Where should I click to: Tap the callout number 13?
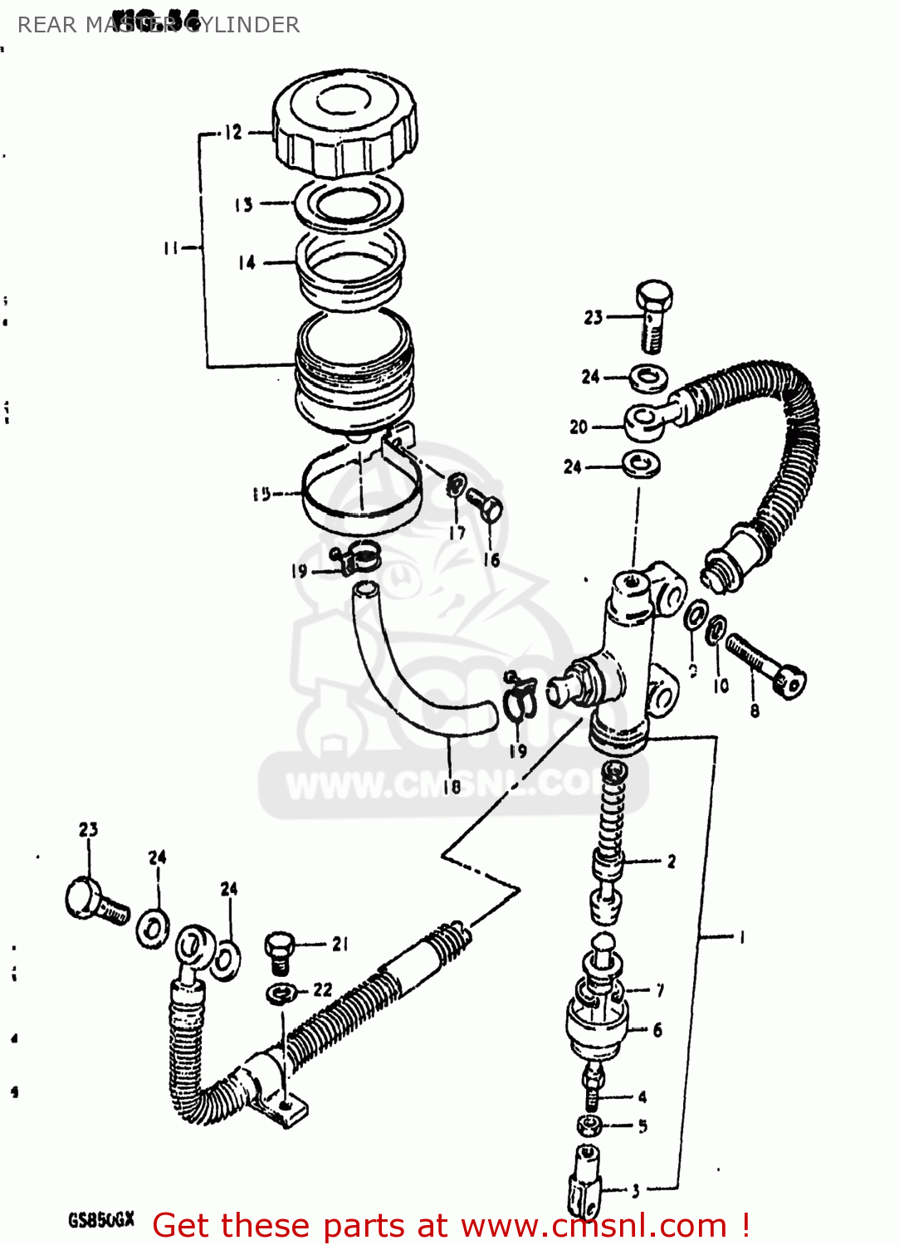click(243, 205)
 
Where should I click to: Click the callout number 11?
click(171, 247)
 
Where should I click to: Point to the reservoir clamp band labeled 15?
click(360, 498)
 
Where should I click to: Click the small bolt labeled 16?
click(485, 505)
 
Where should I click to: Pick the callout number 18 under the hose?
click(452, 786)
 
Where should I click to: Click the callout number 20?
click(579, 427)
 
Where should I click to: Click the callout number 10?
click(721, 686)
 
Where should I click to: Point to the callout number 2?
click(671, 862)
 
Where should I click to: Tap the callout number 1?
click(741, 937)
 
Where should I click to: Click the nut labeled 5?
click(589, 1126)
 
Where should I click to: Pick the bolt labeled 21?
click(280, 952)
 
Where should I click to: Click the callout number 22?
click(323, 989)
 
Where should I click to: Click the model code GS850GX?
click(100, 1220)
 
